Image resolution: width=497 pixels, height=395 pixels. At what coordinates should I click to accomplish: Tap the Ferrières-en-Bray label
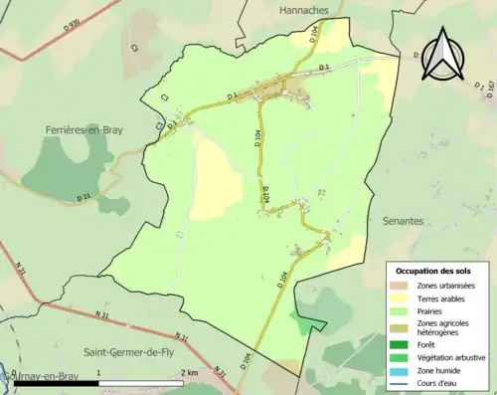point(83,130)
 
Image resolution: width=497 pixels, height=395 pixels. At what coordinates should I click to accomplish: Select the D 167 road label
point(491,94)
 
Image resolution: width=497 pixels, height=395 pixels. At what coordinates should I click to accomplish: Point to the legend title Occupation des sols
point(435,271)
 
